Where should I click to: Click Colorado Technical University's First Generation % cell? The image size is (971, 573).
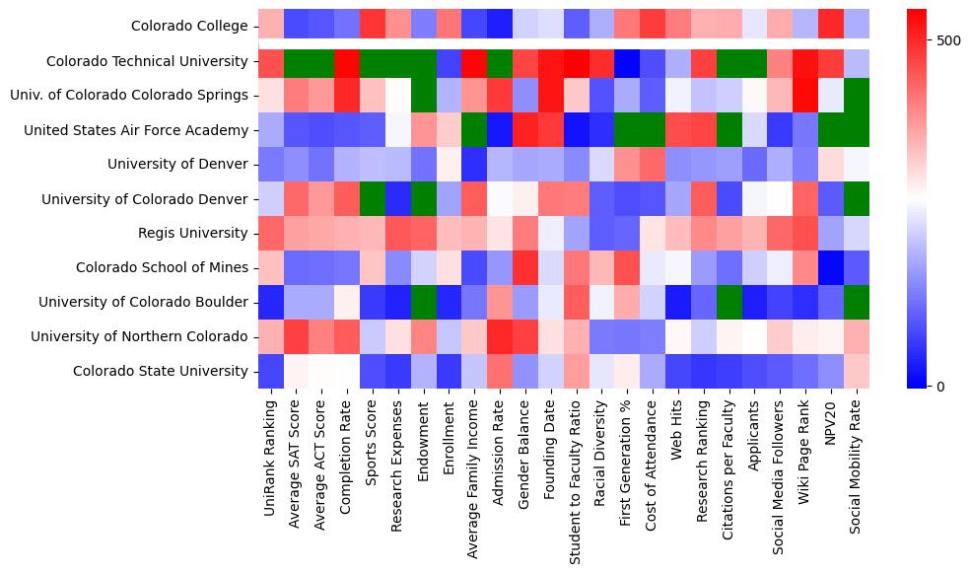coord(628,61)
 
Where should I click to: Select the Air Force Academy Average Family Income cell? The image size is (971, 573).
coord(474,130)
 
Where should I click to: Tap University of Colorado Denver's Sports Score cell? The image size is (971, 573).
coord(373,199)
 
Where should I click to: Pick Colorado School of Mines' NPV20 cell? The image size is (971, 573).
coord(832,268)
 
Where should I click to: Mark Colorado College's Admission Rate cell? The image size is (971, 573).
coord(500,27)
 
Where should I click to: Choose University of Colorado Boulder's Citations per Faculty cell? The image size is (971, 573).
coord(729,303)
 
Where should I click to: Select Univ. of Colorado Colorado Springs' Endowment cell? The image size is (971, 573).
coord(424,96)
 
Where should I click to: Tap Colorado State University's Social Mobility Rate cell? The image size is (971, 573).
coord(858,372)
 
